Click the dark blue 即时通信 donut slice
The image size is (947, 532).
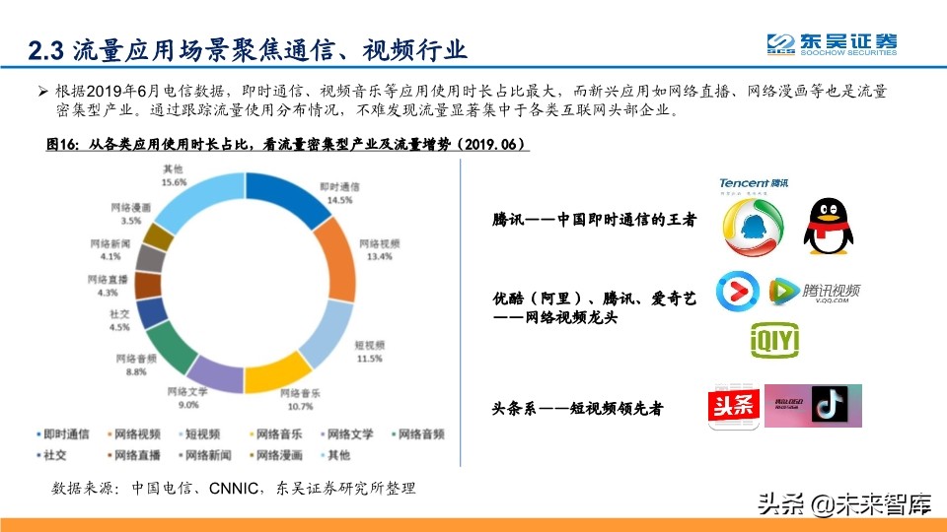pos(285,197)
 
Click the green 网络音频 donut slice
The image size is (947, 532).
pos(172,342)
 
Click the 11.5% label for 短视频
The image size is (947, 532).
pos(368,359)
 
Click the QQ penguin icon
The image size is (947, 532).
pos(827,225)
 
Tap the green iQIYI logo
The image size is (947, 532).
pos(774,340)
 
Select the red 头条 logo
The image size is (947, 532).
pos(731,407)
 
